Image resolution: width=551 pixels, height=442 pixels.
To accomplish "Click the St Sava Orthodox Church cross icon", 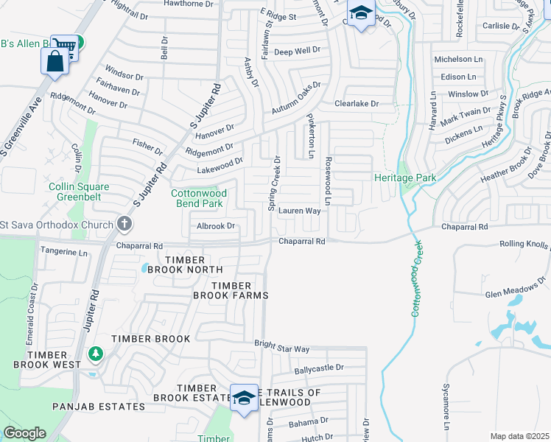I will click(x=124, y=224).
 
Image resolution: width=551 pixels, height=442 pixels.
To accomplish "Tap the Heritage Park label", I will click(x=405, y=178).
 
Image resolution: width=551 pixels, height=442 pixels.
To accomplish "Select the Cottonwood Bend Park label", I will click(x=199, y=198).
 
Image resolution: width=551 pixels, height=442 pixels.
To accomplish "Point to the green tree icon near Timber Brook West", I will click(x=95, y=355).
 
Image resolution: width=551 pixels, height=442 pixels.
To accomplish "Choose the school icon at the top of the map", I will click(x=361, y=13).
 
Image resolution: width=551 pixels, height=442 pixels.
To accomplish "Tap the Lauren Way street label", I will click(x=299, y=211).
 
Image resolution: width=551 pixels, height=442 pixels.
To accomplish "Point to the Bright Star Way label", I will click(x=282, y=345).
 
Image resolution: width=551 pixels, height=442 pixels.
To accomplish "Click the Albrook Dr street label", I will click(x=215, y=226).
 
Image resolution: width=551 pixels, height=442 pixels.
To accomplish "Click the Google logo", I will click(x=24, y=433).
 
